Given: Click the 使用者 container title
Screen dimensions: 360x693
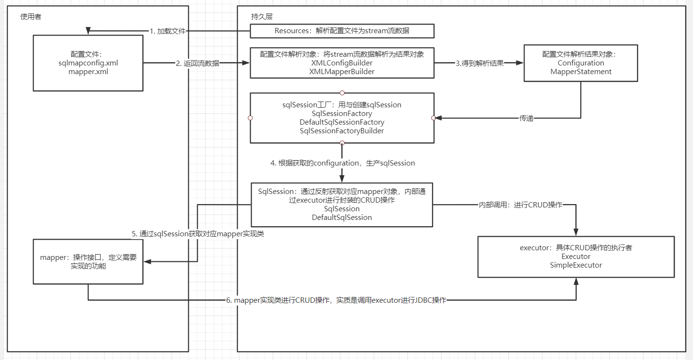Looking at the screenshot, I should (x=31, y=16).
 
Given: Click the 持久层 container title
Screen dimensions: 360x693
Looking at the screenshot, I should (x=262, y=16).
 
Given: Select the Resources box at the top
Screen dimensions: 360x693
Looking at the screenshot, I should (x=342, y=31).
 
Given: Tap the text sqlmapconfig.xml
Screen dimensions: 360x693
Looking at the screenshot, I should (x=89, y=63).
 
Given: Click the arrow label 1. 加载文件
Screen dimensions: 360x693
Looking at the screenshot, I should (x=167, y=31).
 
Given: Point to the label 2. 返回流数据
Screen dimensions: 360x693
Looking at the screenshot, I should (x=197, y=63).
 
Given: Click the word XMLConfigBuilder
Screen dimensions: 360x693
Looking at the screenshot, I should (x=342, y=63).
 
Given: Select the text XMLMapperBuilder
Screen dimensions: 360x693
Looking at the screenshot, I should (x=342, y=72).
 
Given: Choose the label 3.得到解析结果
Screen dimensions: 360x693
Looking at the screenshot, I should (x=479, y=63).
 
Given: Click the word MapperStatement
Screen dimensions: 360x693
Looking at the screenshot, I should (x=580, y=72).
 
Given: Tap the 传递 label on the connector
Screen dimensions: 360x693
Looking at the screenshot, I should (x=526, y=118).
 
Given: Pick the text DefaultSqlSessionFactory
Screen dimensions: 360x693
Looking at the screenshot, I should (x=342, y=122).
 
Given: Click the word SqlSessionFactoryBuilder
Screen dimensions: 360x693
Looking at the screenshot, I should (x=342, y=131).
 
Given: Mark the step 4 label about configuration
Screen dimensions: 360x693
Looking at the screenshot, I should (x=343, y=163).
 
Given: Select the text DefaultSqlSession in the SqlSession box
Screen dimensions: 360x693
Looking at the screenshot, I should (x=342, y=218).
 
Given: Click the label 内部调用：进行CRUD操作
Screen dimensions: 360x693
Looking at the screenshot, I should (x=520, y=205).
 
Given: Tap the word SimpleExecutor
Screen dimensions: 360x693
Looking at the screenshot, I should (x=576, y=265).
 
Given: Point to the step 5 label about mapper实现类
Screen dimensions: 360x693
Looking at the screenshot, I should (x=198, y=234).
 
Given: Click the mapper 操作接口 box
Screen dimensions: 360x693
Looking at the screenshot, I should (x=88, y=261).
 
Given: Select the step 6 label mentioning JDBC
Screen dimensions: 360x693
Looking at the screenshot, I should (x=336, y=300).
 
